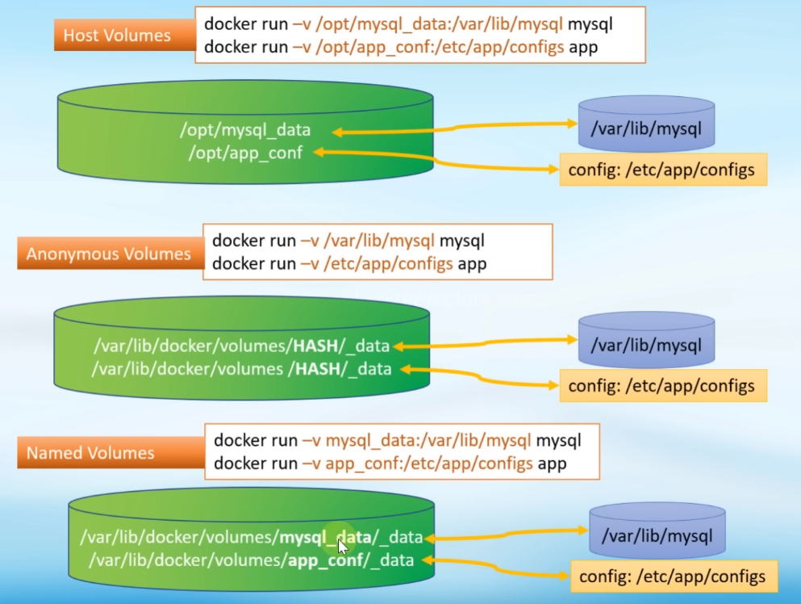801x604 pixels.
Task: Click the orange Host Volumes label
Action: pos(116,36)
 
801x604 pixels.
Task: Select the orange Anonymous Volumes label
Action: pos(108,254)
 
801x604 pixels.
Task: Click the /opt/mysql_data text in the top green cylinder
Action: pos(245,130)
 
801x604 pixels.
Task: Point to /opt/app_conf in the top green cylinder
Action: pos(245,152)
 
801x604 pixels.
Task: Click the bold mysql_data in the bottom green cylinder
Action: pos(324,537)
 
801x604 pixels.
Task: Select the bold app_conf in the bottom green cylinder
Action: pos(323,560)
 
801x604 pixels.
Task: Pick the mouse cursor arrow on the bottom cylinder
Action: pos(343,547)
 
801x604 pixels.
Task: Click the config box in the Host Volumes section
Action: pos(661,170)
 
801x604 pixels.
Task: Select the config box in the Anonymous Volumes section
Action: pos(661,385)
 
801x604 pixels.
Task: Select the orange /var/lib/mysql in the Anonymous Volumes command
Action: pos(379,241)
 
